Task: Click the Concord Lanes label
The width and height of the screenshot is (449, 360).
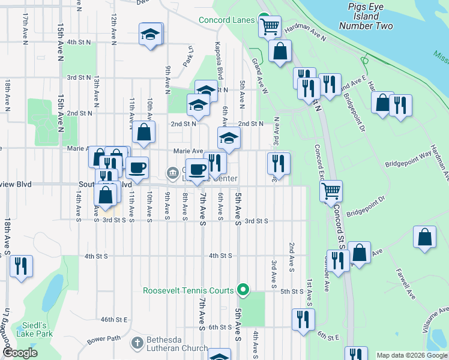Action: [x=227, y=20]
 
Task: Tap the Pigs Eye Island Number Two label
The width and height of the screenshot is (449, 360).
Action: [x=366, y=17]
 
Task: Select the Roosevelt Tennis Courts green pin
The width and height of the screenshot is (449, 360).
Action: [x=243, y=290]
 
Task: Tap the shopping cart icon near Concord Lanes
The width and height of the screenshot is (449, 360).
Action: [x=270, y=26]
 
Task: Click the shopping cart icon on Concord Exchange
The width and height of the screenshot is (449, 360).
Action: [x=330, y=191]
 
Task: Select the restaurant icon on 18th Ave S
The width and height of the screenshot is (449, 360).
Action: [x=21, y=266]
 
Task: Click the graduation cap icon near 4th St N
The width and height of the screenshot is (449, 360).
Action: [x=151, y=34]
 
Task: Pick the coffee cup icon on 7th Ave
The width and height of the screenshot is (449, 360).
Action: [x=197, y=170]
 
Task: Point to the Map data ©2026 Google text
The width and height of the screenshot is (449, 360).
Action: [x=411, y=355]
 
